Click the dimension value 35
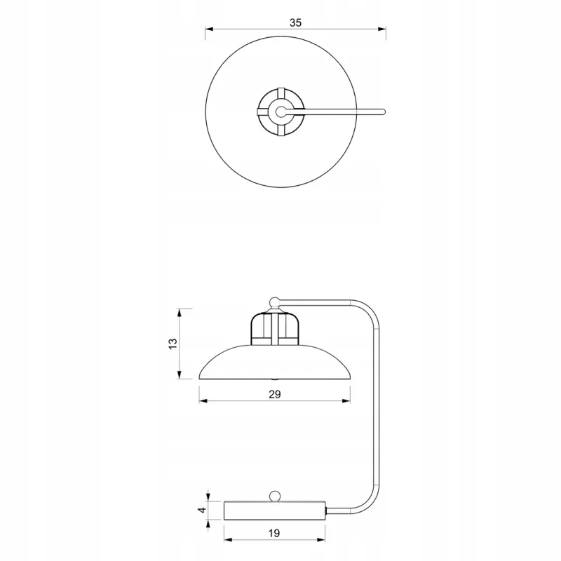(x=295, y=23)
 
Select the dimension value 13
(x=173, y=344)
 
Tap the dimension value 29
(x=275, y=394)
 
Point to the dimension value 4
(x=203, y=510)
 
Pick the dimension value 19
(x=274, y=534)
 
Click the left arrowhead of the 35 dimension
(x=209, y=29)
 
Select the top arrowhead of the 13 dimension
(x=180, y=313)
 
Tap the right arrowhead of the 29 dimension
(x=346, y=401)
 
